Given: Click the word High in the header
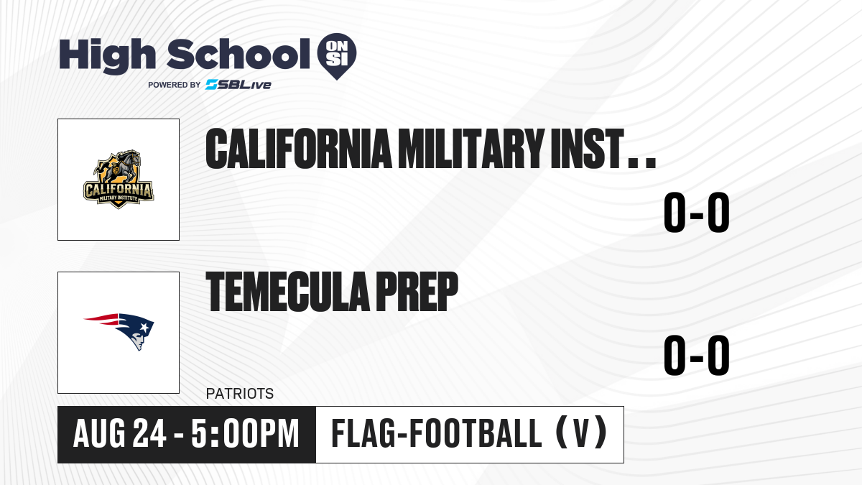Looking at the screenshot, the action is [x=107, y=55].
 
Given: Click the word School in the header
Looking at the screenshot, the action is [x=238, y=54].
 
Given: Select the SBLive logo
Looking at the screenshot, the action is [x=238, y=85].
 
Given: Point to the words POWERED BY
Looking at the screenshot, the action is [x=175, y=85].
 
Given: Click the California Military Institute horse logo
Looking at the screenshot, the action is [x=119, y=179].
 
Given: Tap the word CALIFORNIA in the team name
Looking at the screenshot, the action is [x=299, y=149].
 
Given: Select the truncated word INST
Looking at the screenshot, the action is [x=603, y=149].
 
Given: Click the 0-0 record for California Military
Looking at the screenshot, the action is [x=697, y=213].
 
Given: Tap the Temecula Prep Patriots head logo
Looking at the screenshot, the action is [x=119, y=331].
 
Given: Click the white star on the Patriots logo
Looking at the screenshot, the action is [x=144, y=328].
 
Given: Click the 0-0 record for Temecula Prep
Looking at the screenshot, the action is [x=697, y=355].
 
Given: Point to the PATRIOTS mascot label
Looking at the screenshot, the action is [x=240, y=394].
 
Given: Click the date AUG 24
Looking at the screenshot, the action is [x=120, y=434].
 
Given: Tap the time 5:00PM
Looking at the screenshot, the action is [x=245, y=434].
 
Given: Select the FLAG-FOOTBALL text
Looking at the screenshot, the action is [x=437, y=433].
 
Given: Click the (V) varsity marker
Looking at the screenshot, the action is [x=581, y=433].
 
